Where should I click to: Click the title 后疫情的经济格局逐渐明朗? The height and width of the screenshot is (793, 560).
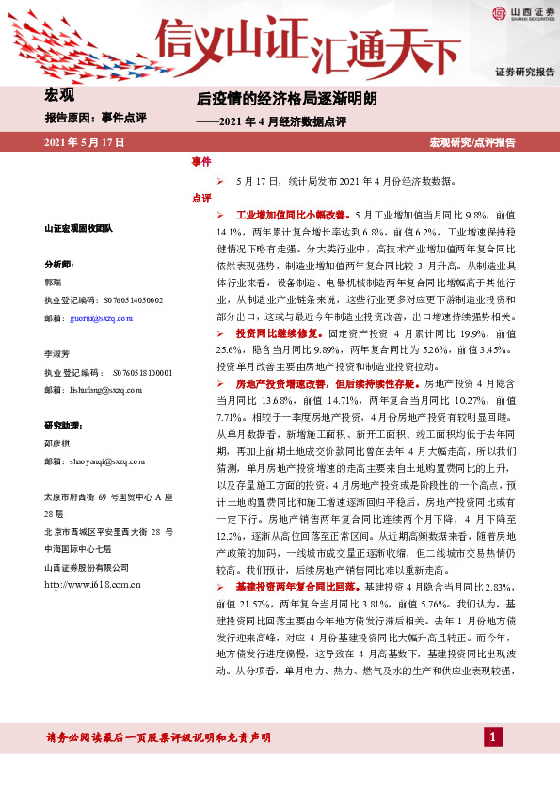286,97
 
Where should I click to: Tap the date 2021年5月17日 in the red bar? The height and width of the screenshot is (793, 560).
85,142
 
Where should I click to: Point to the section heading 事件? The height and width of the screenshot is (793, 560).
200,162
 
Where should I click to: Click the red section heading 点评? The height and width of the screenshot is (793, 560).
200,198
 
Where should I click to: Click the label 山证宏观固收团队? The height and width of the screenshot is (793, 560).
79,229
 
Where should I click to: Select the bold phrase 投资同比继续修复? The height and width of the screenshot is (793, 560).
274,333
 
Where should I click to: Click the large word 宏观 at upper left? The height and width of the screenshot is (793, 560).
59,94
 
